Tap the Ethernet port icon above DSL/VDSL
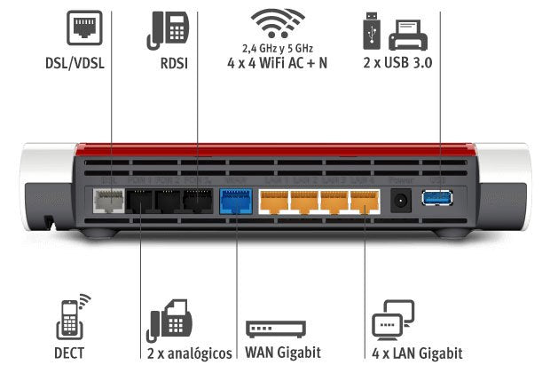82,29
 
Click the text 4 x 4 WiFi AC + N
277,65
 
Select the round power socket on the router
401,201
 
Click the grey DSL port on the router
109,202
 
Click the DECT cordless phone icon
71,316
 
